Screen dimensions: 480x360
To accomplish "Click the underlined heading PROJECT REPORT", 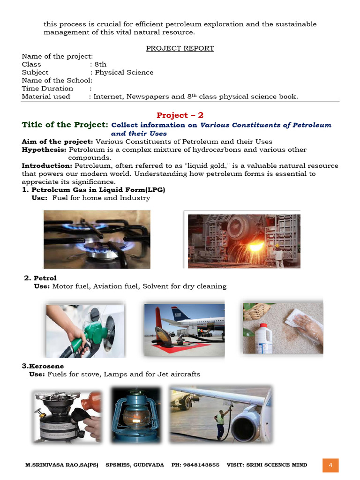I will pos(180,48).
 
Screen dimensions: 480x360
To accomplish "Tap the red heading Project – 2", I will pos(180,115).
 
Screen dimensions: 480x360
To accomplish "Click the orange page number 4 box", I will pos(330,465).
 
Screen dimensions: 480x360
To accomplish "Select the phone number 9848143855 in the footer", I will pos(202,465).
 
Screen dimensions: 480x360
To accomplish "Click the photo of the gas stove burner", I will pos(97,239).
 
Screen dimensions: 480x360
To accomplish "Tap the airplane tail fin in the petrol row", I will pos(180,313).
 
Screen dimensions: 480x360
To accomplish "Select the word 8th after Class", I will pos(100,64).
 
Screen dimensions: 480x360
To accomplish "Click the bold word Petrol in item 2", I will pos(45,278).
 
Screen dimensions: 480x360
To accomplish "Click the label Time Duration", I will pos(47,88).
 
